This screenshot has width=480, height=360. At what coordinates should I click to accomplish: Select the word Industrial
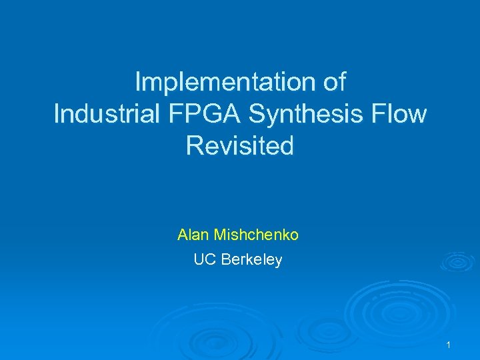coord(106,114)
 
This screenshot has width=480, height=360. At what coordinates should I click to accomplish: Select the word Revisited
coord(240,145)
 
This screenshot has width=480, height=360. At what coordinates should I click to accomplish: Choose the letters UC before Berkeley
coord(203,260)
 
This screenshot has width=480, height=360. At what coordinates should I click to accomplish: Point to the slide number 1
coord(449,345)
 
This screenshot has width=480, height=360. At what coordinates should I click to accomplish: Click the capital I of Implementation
coord(138,82)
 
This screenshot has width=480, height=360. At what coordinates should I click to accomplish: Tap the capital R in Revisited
coord(194,145)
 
